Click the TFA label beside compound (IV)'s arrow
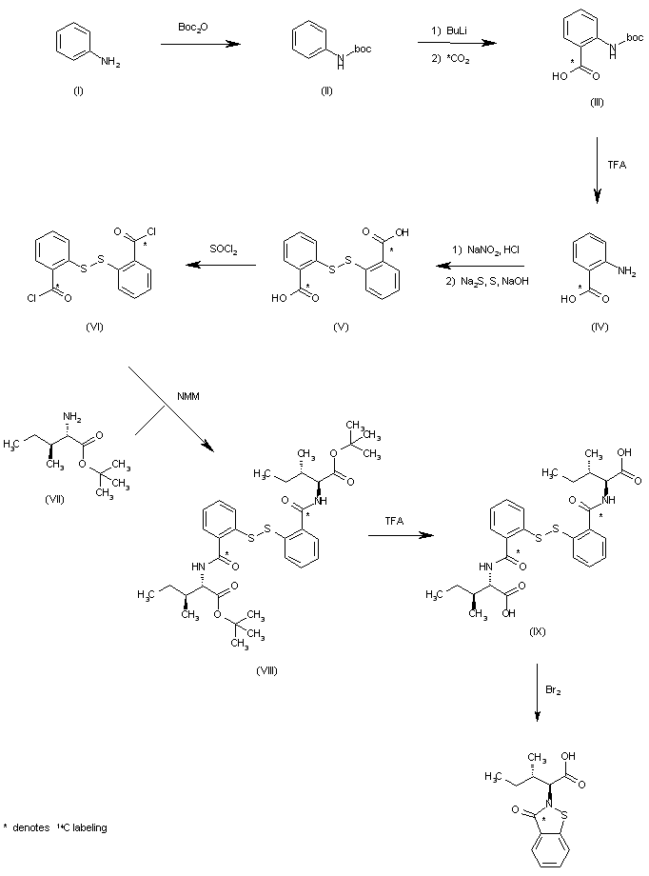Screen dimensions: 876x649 click(617, 164)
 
